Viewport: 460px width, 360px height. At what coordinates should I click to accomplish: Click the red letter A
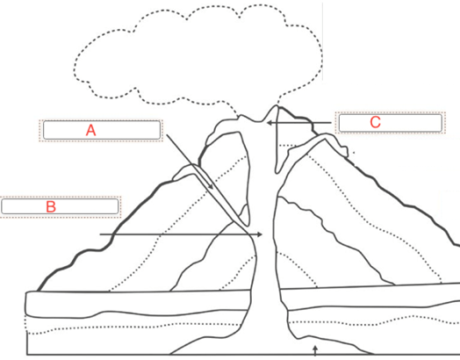point(91,130)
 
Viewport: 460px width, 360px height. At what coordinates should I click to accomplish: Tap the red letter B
point(51,206)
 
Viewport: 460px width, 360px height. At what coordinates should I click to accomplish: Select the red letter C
point(375,122)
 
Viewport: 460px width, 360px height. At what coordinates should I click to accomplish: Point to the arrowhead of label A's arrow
point(212,187)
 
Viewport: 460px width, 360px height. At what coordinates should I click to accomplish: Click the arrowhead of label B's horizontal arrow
point(260,234)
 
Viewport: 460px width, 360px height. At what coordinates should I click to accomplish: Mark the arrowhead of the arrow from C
point(269,123)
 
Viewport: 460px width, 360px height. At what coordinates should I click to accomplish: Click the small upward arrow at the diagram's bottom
point(315,350)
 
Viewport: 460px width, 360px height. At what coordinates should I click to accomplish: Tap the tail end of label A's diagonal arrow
point(167,134)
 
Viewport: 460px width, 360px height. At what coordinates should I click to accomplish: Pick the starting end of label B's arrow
point(100,234)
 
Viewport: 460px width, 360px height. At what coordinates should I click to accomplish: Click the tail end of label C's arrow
point(331,123)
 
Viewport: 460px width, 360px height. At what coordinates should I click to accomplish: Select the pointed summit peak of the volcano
point(277,106)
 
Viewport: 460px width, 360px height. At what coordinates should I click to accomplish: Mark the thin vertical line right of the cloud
point(323,41)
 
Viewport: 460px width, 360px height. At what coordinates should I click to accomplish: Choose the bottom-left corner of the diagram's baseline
point(27,355)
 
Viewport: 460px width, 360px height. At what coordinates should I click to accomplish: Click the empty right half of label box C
point(413,123)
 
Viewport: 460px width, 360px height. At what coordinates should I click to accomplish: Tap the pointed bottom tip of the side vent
point(248,226)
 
